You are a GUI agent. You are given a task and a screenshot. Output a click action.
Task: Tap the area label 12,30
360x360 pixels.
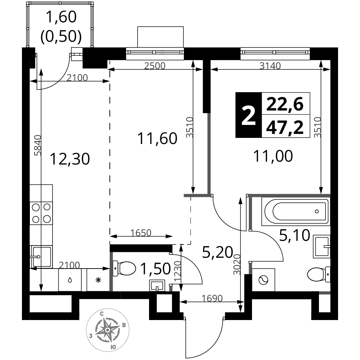pos(69,158)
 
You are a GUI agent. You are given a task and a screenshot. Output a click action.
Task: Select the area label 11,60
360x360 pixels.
pos(158,138)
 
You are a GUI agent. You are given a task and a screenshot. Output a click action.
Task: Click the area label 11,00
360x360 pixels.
pos(273,156)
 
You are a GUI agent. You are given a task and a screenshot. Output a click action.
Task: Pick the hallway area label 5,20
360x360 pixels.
pos(217,252)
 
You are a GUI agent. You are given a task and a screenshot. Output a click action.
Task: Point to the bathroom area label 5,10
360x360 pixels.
pos(294,236)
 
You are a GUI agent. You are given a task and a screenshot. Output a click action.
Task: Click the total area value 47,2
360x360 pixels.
pos(285,127)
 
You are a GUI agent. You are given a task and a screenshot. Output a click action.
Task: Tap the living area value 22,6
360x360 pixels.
pos(285,104)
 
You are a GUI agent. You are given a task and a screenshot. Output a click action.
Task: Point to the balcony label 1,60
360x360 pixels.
pos(61,17)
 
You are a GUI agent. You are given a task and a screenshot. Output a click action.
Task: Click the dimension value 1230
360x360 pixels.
pos(175,273)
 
